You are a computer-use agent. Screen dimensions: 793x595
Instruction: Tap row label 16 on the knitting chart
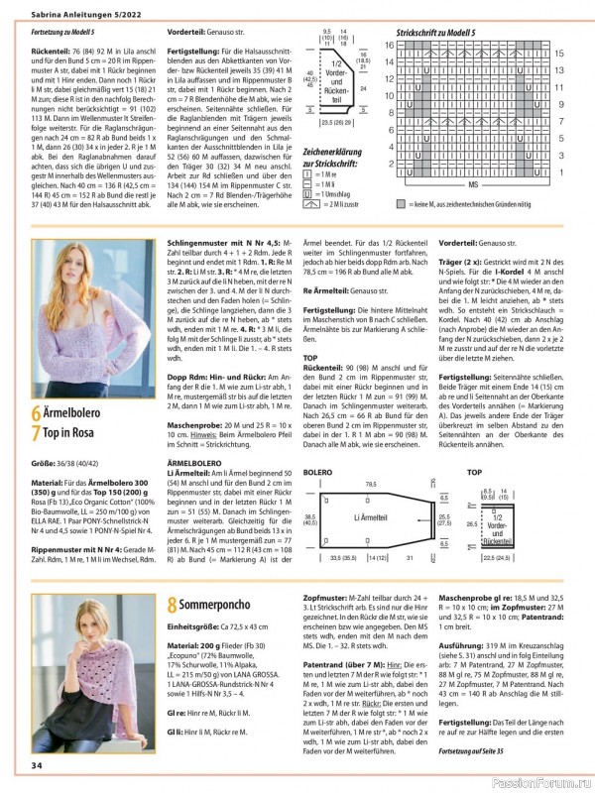click(390, 46)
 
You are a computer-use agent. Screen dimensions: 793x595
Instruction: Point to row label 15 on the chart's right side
click(560, 54)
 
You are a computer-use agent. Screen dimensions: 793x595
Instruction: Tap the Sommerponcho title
click(224, 603)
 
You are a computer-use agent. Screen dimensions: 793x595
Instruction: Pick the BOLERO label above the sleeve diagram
click(316, 472)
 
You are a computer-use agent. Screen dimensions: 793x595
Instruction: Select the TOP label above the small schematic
click(474, 472)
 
